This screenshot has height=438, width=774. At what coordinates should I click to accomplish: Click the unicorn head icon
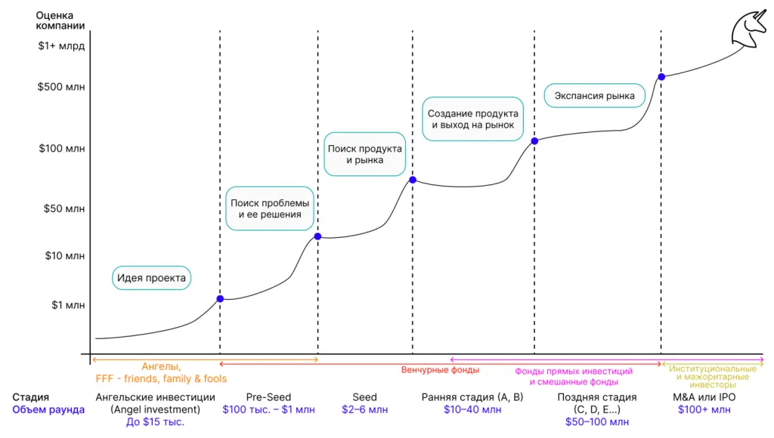(x=750, y=29)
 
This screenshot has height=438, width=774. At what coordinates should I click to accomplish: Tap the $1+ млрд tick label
(x=61, y=46)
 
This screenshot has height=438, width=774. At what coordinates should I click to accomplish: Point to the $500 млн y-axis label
(x=61, y=87)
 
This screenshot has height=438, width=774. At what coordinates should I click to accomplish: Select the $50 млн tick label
(x=64, y=208)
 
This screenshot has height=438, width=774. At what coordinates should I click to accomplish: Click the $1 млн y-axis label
(x=68, y=305)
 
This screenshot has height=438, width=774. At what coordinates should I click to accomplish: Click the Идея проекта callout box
(x=151, y=278)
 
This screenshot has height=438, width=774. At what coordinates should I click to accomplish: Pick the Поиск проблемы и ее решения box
(x=270, y=208)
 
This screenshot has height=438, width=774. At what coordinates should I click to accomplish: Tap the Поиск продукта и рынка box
(x=365, y=154)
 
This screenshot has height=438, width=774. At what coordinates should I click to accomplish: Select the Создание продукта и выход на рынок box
(x=473, y=119)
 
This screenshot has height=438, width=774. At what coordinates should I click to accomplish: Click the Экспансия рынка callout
(x=594, y=96)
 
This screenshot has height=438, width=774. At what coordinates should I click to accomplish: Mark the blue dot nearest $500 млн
(x=661, y=77)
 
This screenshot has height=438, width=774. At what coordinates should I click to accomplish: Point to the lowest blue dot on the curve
(x=220, y=299)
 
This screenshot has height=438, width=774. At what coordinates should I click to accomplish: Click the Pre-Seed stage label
(x=268, y=397)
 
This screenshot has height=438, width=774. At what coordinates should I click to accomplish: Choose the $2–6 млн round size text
(x=365, y=409)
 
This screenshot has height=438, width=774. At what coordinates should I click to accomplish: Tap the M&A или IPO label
(x=704, y=397)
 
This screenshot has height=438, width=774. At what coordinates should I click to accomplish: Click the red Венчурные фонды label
(x=440, y=370)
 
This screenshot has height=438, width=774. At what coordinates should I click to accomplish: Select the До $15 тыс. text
(x=155, y=421)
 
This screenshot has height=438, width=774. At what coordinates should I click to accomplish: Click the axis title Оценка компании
(x=60, y=20)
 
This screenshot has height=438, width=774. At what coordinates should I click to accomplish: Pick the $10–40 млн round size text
(x=472, y=409)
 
